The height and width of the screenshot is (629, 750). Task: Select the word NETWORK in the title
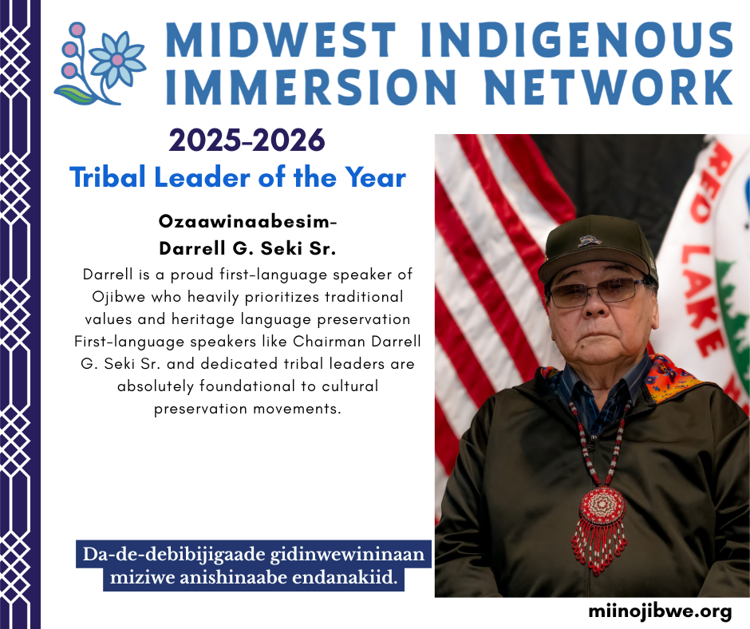pyautogui.click(x=609, y=87)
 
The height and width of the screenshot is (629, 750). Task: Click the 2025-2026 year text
pyautogui.click(x=247, y=140)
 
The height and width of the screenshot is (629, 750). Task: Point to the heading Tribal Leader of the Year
pyautogui.click(x=238, y=177)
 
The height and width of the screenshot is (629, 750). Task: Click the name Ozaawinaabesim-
pyautogui.click(x=248, y=222)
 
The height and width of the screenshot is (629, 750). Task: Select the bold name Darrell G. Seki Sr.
pyautogui.click(x=248, y=248)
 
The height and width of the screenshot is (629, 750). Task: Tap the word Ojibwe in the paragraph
pyautogui.click(x=119, y=297)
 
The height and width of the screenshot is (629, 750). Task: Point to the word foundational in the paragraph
pyautogui.click(x=247, y=386)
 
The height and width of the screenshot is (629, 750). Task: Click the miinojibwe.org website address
pyautogui.click(x=660, y=611)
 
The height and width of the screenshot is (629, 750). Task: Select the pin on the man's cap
pyautogui.click(x=589, y=241)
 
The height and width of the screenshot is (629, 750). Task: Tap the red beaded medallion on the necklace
pyautogui.click(x=602, y=506)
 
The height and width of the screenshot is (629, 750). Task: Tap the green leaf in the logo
pyautogui.click(x=77, y=95)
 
